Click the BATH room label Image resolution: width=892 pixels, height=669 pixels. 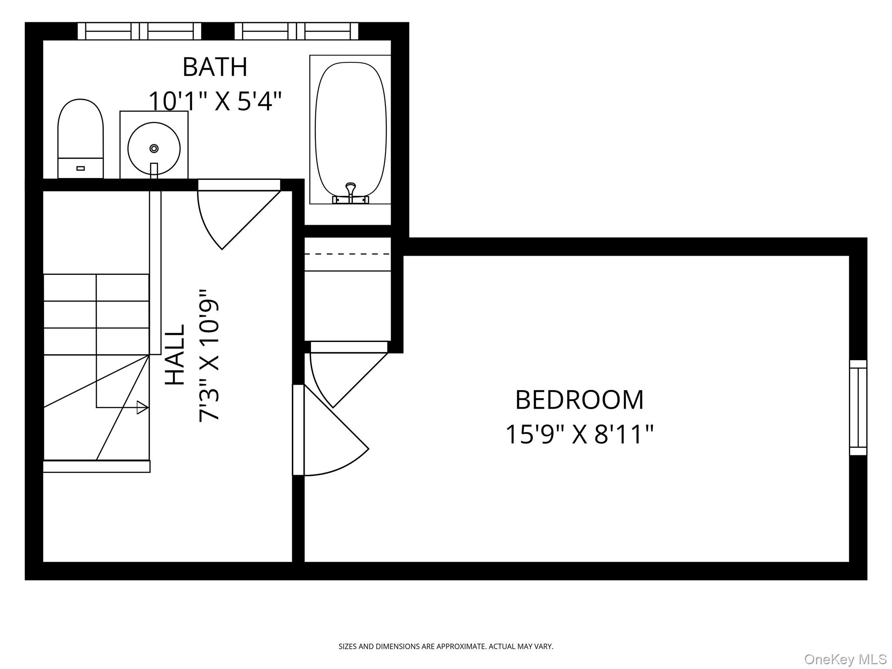pyautogui.click(x=215, y=67)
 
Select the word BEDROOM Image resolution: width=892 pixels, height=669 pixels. pyautogui.click(x=579, y=400)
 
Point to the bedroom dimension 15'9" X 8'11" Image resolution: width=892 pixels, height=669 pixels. pyautogui.click(x=579, y=434)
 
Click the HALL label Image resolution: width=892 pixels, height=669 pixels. pyautogui.click(x=176, y=355)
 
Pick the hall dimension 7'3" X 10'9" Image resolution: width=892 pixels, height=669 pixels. pyautogui.click(x=209, y=355)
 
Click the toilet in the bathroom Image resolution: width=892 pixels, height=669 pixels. pyautogui.click(x=81, y=139)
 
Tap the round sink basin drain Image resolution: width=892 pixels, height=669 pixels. pyautogui.click(x=154, y=149)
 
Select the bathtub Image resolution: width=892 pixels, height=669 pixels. pyautogui.click(x=351, y=129)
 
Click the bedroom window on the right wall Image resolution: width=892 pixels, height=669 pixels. pyautogui.click(x=858, y=407)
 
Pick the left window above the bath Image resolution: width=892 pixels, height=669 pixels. pyautogui.click(x=139, y=31)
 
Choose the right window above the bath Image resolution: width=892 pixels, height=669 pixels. pyautogui.click(x=296, y=31)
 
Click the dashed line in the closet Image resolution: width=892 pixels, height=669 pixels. pyautogui.click(x=347, y=254)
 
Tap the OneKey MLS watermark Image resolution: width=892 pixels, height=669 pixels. pyautogui.click(x=845, y=659)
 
